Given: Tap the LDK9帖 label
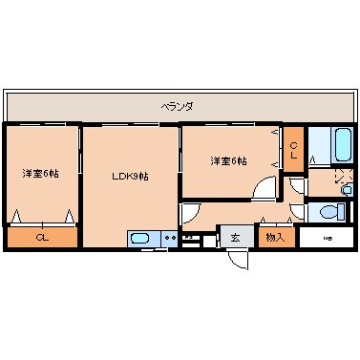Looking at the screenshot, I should coord(130,176).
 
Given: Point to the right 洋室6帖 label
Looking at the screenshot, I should coord(228,160).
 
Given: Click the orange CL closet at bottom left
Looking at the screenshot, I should coord(41,237).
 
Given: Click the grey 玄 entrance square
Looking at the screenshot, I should coord(235,238).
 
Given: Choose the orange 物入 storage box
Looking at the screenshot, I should coord(275,237).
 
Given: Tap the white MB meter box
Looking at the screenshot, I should coord(326,238).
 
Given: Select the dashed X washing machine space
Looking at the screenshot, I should coord(344,178).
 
